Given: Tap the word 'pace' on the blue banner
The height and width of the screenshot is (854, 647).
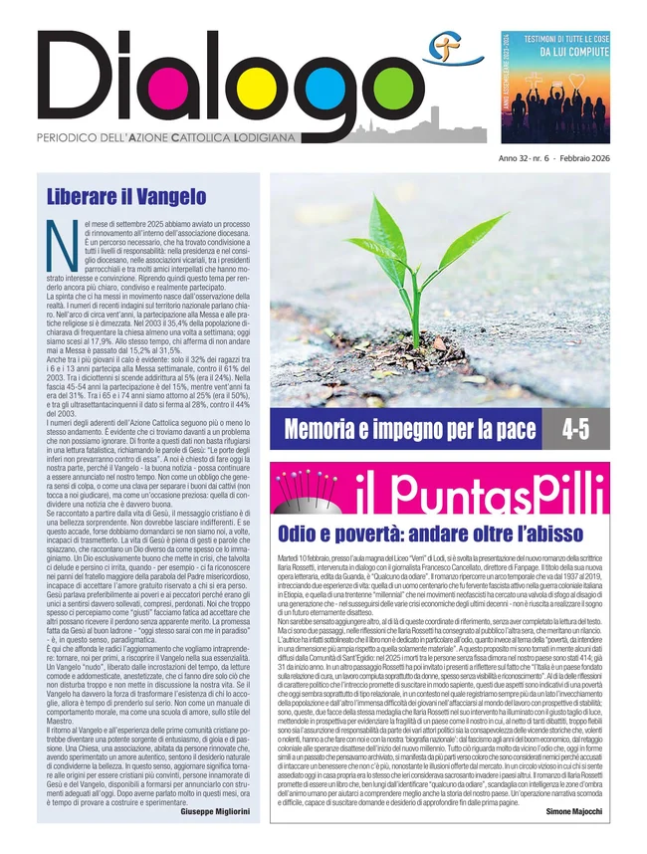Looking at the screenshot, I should pos(520,431).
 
